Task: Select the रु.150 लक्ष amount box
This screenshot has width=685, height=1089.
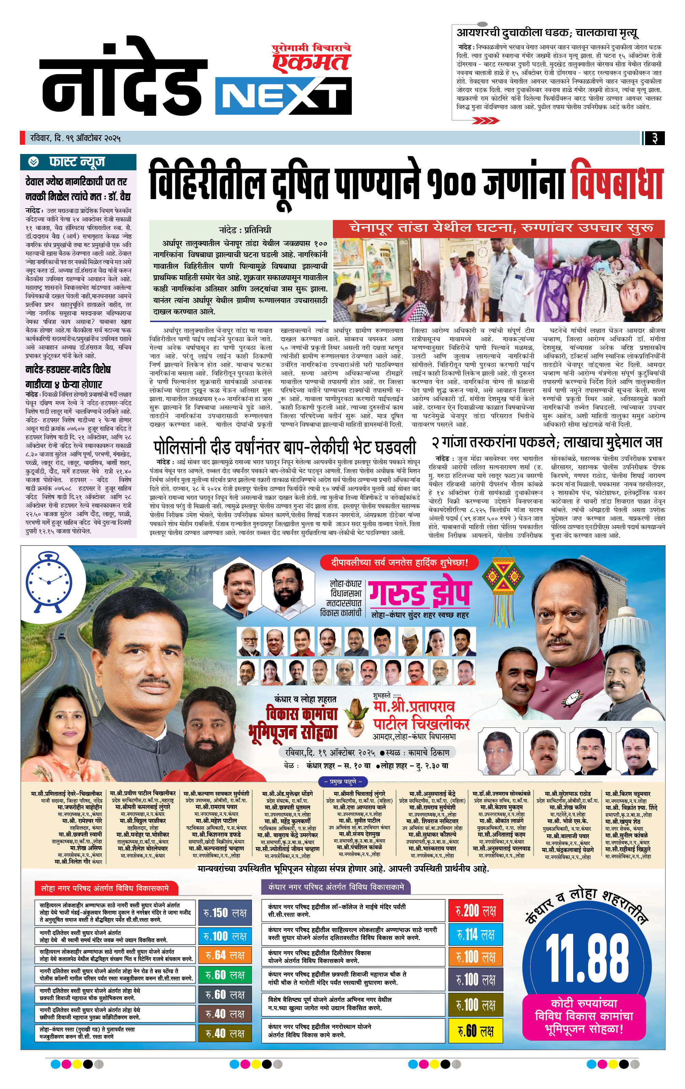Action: click(x=224, y=913)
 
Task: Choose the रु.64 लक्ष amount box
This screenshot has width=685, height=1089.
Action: click(x=224, y=955)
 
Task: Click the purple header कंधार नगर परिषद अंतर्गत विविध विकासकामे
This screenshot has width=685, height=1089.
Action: click(x=335, y=887)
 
